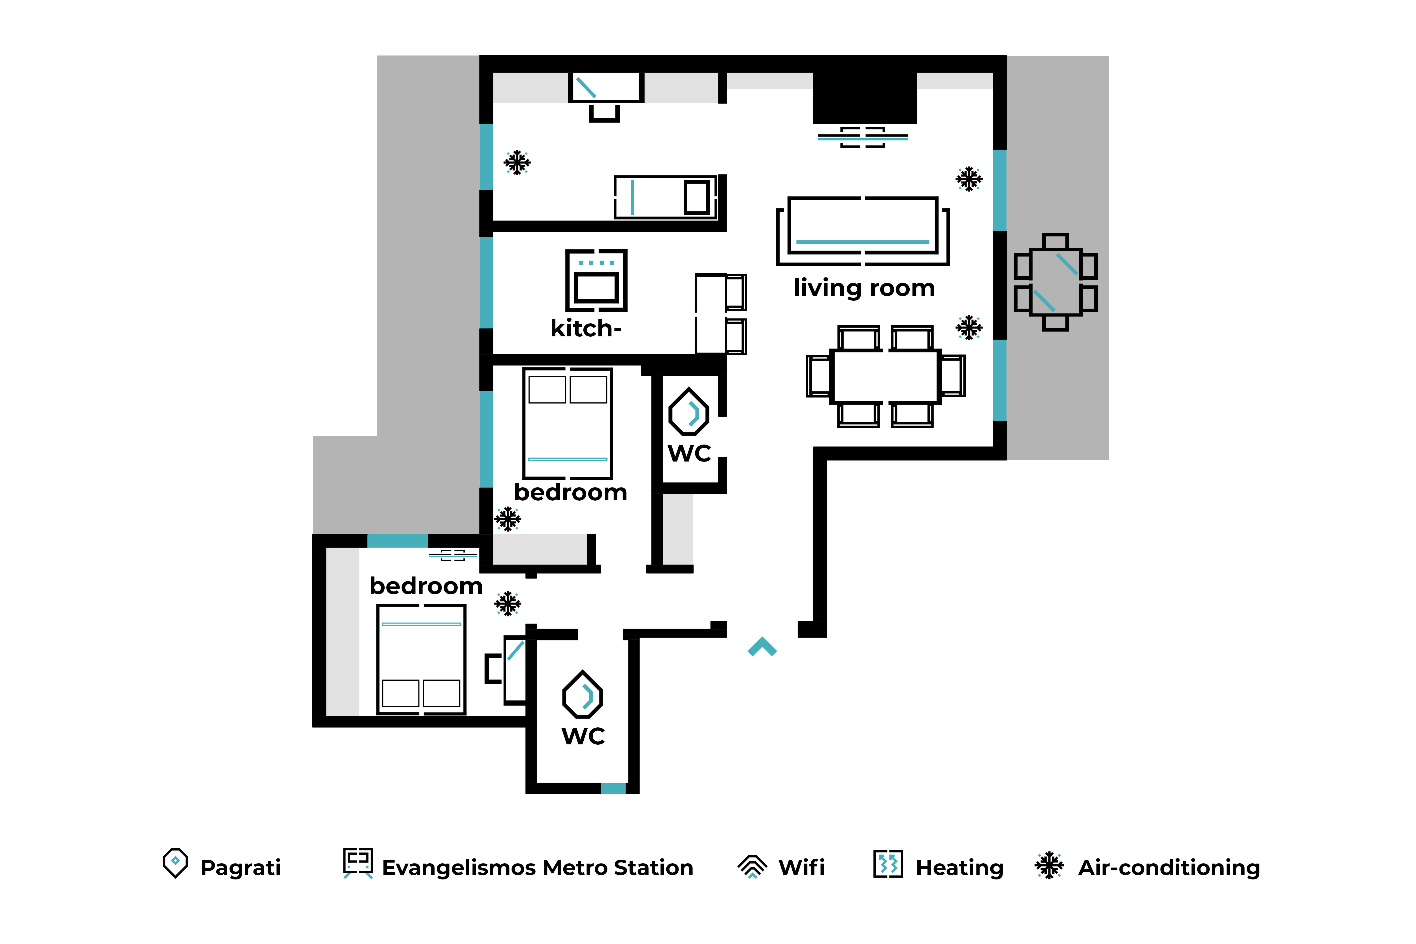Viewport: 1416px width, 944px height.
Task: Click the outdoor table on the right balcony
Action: [x=1055, y=282]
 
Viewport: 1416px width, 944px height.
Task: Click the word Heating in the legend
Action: [x=960, y=868]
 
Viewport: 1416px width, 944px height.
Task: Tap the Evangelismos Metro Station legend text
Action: [x=538, y=868]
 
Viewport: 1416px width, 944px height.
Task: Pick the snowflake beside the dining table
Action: [x=969, y=328]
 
